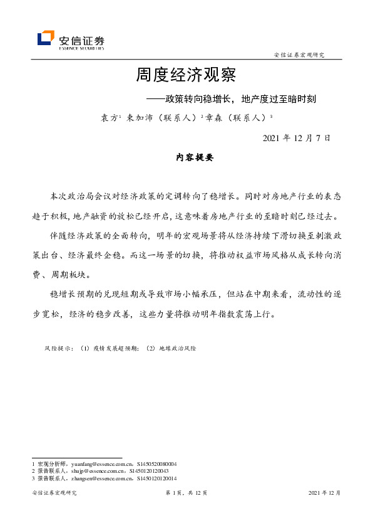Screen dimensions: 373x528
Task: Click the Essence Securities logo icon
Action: (x=46, y=38)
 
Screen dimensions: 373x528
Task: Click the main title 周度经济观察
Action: (x=186, y=76)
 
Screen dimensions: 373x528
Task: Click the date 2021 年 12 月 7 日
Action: (x=296, y=137)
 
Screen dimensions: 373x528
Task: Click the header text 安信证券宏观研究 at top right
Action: (x=299, y=55)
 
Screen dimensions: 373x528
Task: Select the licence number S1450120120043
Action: (x=148, y=470)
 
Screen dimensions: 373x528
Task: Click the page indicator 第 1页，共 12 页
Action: (x=186, y=493)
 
